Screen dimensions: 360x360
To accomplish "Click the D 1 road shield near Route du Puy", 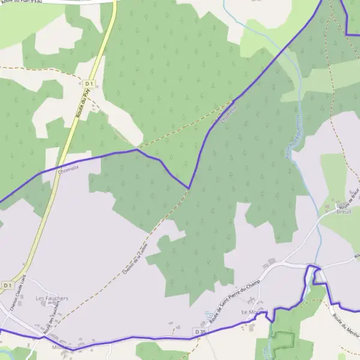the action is [90, 83].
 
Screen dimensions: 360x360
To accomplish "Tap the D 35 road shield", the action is [200, 332].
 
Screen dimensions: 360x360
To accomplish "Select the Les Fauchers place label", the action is [52, 298].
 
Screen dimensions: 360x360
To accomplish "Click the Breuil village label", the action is [343, 211].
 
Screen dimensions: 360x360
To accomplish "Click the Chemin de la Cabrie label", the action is [135, 262].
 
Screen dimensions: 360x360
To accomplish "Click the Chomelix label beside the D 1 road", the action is [68, 169].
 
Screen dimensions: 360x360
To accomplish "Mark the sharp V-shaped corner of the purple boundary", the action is [188, 188].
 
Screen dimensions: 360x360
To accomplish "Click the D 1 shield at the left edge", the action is [7, 284].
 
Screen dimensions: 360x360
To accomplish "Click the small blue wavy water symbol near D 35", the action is [208, 315].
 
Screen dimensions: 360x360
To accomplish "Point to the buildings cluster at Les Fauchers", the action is [51, 306].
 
